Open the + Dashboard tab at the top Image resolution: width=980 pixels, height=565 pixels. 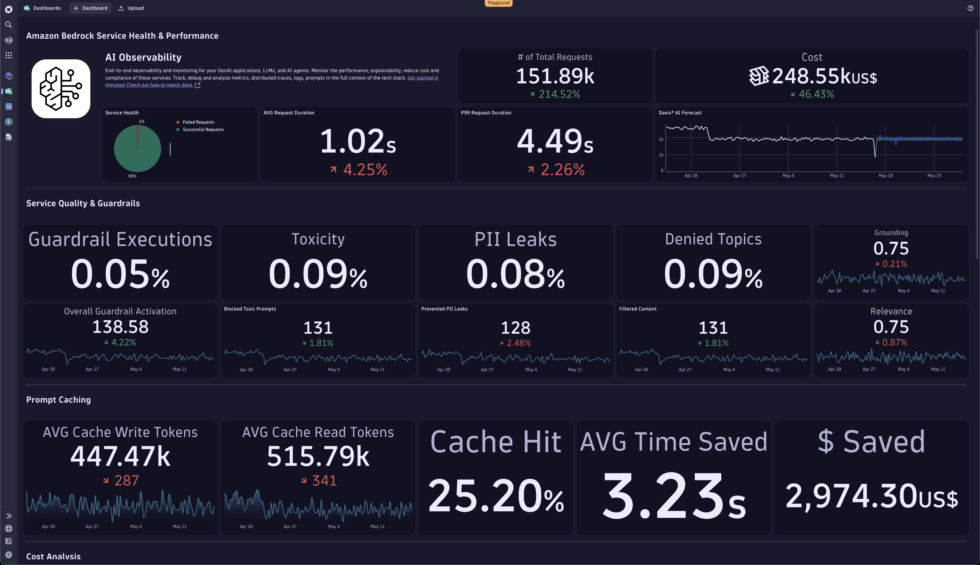point(90,8)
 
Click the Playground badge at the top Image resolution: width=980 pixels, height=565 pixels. point(498,3)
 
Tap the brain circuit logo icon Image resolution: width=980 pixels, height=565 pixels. point(61,89)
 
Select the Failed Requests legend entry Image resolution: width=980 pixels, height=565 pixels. point(198,122)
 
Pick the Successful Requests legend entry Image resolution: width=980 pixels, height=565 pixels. point(203,130)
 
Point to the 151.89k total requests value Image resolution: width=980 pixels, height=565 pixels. point(555,76)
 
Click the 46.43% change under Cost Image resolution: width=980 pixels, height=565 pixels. point(816,94)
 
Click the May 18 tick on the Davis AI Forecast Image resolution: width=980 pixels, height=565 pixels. point(886,176)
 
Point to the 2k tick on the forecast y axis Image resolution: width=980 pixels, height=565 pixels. point(661,139)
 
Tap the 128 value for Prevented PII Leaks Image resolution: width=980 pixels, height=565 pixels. point(515,328)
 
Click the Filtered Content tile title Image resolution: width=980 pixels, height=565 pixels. point(638,309)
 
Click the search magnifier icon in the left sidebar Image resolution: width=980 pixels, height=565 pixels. point(8,25)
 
